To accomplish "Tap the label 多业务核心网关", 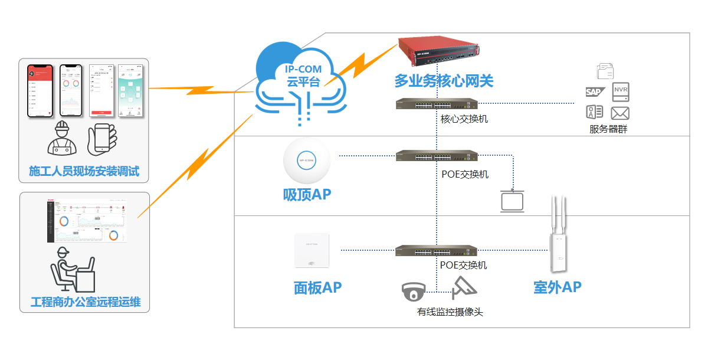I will pos(444,81).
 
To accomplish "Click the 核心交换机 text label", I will pos(464,119).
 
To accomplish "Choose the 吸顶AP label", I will pos(307,195).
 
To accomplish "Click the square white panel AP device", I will pos(312,251).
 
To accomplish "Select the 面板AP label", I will pos(317,288).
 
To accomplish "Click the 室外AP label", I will pos(558,287).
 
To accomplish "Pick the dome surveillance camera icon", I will pos(414,291).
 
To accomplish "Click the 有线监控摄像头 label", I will pos(450,312).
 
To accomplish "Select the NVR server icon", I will pos(621,91).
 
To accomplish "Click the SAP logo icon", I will pos(594,91).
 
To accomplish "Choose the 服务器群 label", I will pos(608,129).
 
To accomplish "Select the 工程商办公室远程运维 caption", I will pos(85,303).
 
